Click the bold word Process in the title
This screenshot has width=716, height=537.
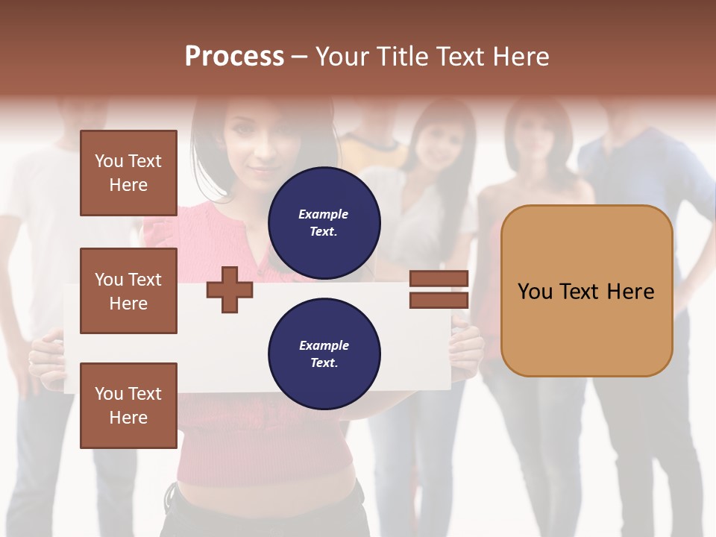coord(234,57)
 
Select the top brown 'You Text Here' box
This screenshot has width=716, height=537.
coord(128,173)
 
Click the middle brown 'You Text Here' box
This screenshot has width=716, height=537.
coord(128,291)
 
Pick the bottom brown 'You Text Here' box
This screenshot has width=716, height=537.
coord(128,405)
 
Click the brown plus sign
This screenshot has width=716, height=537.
coord(229,289)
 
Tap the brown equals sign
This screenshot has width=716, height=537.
coord(439,289)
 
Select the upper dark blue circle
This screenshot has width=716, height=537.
coord(324,222)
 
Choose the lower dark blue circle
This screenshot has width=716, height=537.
coord(324,354)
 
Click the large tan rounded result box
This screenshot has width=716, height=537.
coord(586,291)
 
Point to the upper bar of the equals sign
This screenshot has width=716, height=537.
coord(439,279)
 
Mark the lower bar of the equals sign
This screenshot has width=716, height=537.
coord(439,300)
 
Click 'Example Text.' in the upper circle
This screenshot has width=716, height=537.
coord(324,222)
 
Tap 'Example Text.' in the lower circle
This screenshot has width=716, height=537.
coord(324,354)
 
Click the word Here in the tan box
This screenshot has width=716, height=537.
coord(630,291)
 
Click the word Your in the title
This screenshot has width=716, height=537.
coord(344,57)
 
